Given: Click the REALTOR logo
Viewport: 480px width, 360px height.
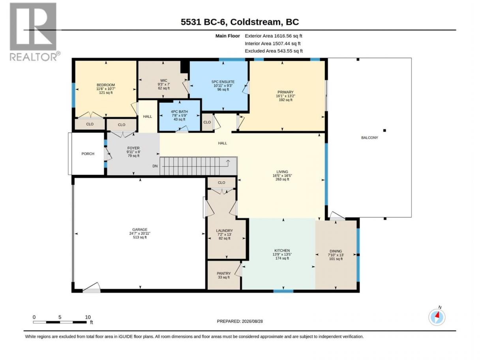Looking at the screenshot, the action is click(x=35, y=32).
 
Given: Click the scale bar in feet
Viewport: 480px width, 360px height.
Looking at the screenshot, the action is click(x=60, y=322).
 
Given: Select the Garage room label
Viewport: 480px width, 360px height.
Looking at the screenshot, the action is click(x=140, y=229).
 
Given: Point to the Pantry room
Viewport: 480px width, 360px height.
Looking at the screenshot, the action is click(x=224, y=275).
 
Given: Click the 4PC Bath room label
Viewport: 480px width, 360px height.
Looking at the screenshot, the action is click(x=179, y=112).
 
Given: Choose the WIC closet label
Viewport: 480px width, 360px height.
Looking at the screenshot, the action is click(x=163, y=81).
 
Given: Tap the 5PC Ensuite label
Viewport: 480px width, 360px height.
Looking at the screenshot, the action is click(x=223, y=82).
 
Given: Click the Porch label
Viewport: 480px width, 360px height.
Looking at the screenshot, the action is click(x=88, y=154).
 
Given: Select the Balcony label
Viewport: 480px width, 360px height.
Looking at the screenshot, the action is click(x=369, y=138).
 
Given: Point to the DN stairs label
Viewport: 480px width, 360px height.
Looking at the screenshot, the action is click(x=155, y=166).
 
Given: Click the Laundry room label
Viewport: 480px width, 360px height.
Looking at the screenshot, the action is click(x=224, y=231).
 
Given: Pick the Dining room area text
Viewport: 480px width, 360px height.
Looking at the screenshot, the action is click(x=336, y=259).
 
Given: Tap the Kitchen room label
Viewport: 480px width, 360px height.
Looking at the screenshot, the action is click(x=282, y=251).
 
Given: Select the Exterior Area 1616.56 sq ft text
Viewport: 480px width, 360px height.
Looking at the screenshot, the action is click(x=274, y=36).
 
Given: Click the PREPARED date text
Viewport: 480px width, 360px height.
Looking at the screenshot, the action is click(x=240, y=321).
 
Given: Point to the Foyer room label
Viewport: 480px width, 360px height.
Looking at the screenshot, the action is click(x=133, y=148).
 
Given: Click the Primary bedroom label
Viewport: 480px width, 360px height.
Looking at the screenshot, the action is click(x=285, y=92).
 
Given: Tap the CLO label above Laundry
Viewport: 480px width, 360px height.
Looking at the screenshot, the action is click(x=221, y=182).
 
